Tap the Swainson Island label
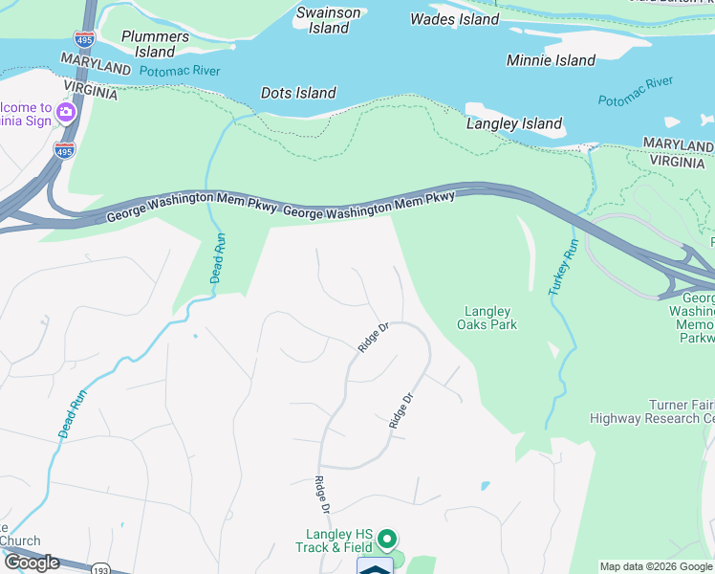(x=328, y=20)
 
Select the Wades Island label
(x=454, y=19)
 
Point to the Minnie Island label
(x=551, y=60)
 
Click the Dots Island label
(x=298, y=93)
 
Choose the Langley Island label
(x=513, y=123)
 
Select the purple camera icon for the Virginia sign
(x=66, y=113)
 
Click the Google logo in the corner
(x=32, y=563)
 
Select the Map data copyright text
(x=656, y=567)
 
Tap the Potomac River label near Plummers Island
(x=179, y=72)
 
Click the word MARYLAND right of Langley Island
(x=678, y=144)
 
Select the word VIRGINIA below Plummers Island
(x=90, y=94)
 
